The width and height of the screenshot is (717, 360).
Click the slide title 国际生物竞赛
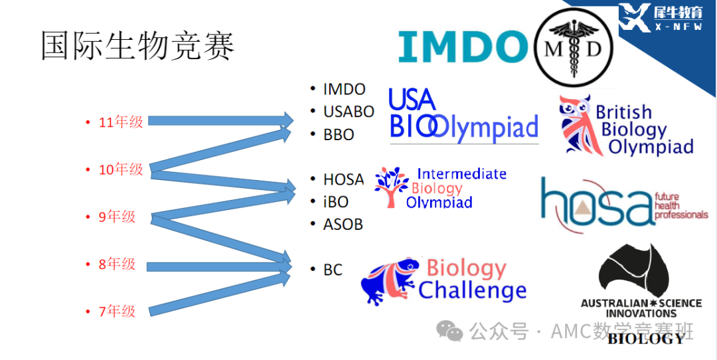[138, 46]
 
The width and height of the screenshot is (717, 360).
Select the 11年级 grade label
[121, 122]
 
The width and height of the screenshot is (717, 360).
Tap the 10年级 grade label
[121, 170]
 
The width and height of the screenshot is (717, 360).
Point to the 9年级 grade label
[118, 217]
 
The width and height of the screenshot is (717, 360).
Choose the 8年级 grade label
[118, 264]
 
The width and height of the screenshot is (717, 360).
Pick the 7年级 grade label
[118, 312]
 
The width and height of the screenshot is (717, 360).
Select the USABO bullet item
[349, 112]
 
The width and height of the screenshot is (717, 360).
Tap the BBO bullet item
[339, 134]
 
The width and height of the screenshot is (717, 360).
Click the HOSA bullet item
[343, 179]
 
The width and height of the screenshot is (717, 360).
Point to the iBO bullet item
[336, 202]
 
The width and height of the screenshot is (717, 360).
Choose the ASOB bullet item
[343, 224]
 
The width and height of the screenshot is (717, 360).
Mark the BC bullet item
[333, 270]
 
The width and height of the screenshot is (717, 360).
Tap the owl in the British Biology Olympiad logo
[575, 124]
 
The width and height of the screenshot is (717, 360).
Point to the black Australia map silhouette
[634, 270]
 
